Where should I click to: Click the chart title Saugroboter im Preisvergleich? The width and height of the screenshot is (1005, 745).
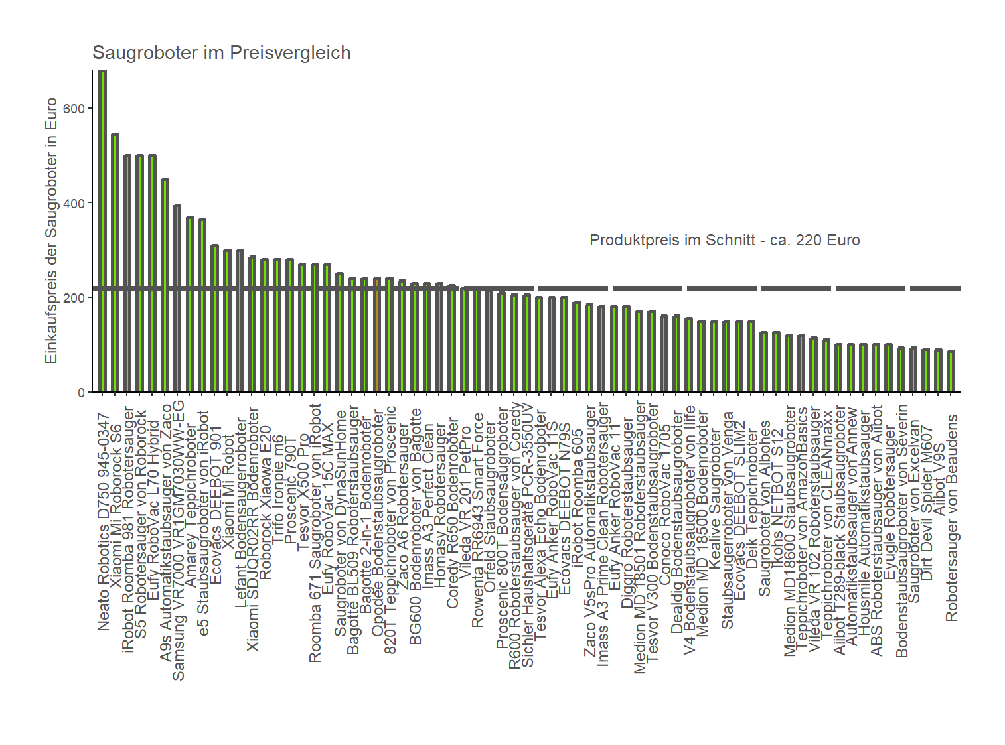(x=221, y=53)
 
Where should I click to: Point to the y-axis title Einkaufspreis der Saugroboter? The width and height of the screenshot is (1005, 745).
(x=52, y=230)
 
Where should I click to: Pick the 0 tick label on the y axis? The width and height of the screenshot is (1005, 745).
(x=81, y=393)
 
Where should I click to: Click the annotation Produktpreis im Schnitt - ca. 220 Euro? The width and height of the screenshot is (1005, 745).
(x=724, y=240)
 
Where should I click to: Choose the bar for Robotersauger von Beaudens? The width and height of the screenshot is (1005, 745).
(x=951, y=372)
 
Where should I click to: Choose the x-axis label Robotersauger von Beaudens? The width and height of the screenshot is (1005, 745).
(x=952, y=518)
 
